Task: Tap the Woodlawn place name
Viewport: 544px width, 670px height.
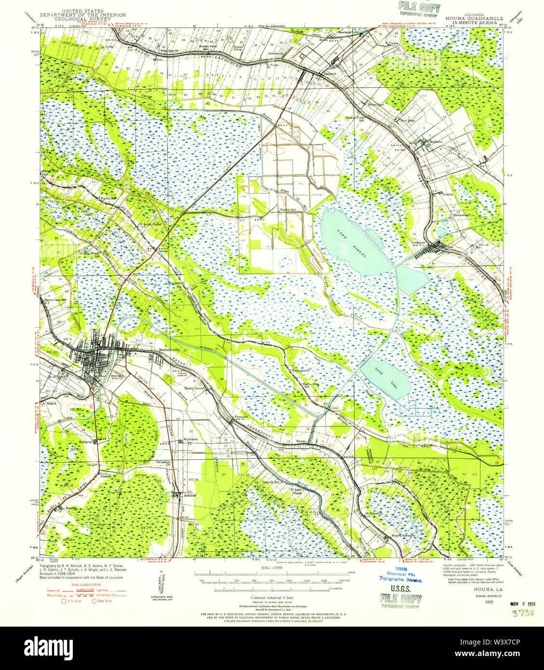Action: coord(190,440)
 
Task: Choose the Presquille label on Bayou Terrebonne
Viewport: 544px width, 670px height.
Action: coord(241,416)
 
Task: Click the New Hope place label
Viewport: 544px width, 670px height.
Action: coord(407,121)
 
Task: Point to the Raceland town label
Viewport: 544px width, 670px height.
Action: coord(330,74)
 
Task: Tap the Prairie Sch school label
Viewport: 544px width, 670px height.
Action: coord(287,210)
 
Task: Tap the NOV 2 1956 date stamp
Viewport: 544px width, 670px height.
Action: coord(523,603)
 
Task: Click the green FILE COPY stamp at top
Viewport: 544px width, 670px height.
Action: coord(419,8)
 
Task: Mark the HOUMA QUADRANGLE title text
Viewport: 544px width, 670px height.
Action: coord(474,19)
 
